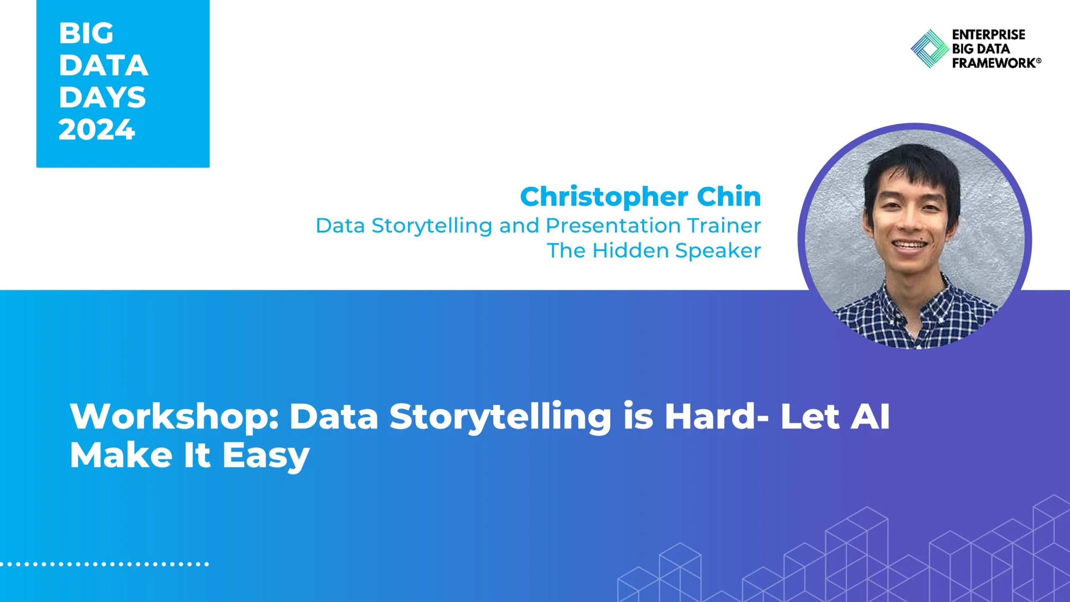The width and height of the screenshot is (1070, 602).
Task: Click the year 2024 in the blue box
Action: tap(97, 130)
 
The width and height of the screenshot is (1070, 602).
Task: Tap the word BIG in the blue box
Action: tap(86, 33)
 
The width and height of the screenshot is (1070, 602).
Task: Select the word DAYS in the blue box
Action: tap(102, 97)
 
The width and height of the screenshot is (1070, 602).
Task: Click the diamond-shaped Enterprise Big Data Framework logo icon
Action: tap(930, 48)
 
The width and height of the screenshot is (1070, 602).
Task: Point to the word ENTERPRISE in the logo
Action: tap(988, 35)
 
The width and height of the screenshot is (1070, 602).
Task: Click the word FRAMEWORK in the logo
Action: tap(994, 63)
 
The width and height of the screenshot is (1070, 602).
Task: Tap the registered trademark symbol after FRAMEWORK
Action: tap(1039, 61)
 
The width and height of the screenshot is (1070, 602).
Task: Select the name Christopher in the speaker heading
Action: tap(604, 197)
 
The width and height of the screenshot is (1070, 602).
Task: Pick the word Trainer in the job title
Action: tap(724, 226)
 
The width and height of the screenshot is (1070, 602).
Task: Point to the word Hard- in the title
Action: tap(716, 417)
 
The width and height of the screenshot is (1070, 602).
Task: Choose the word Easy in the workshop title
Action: tap(266, 456)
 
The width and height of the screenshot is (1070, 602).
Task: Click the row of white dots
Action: tap(104, 564)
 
